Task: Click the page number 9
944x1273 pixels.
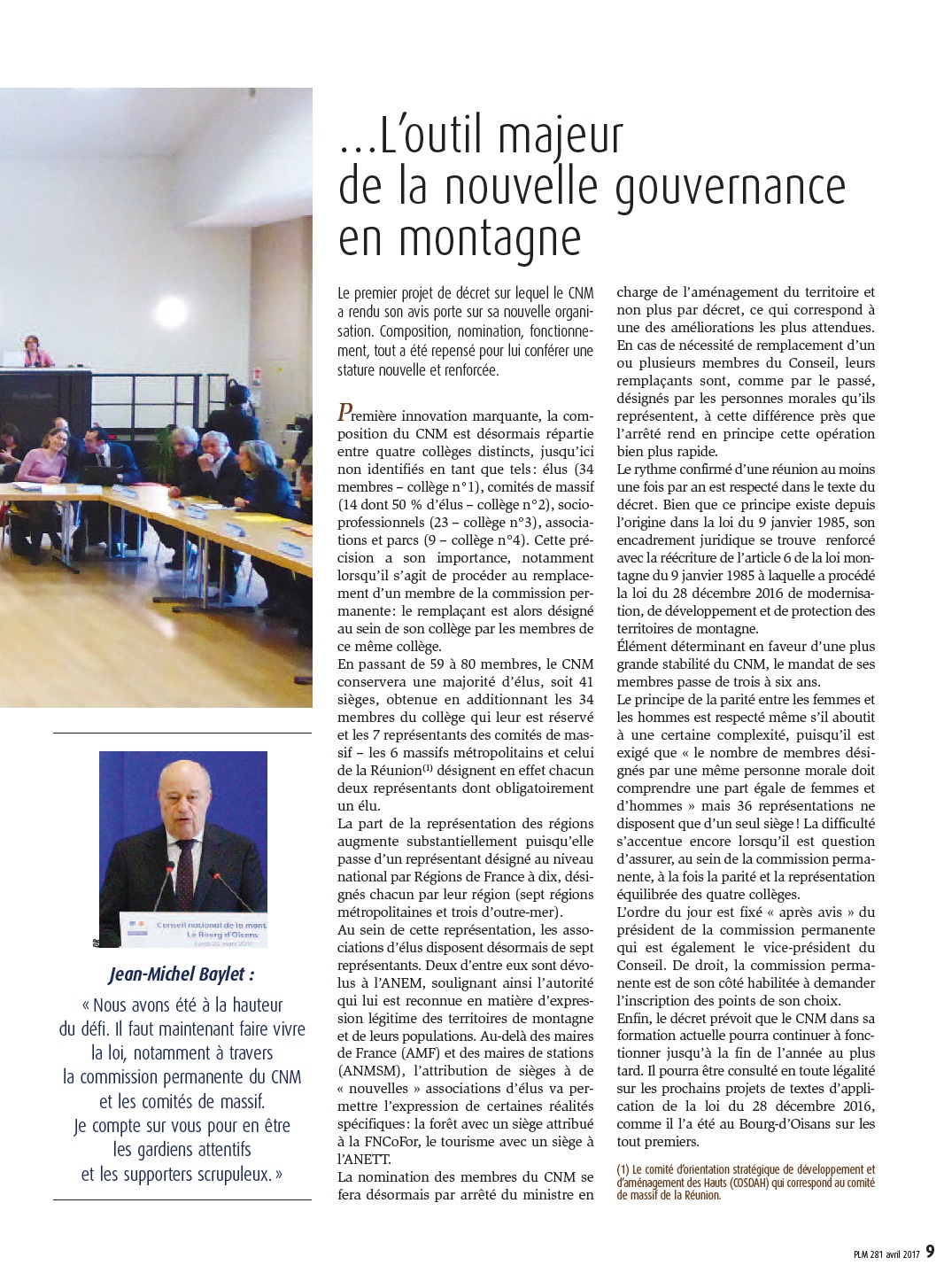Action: coord(930,1252)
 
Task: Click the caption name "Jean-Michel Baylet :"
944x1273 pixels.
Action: coord(182,974)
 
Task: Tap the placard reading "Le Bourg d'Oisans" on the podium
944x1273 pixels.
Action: coord(226,935)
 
